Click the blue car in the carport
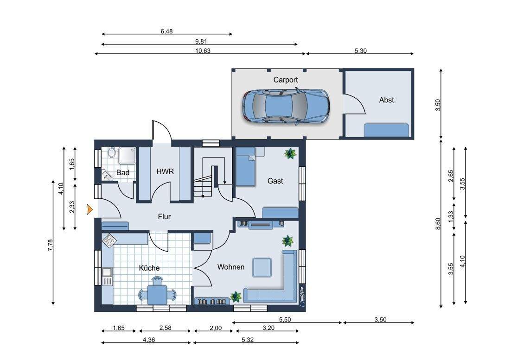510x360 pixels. coord(286,107)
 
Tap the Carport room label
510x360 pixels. coord(285,80)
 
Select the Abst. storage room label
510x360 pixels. coord(387,100)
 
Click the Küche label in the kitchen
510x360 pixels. coord(149,268)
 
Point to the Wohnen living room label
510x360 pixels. coord(231,267)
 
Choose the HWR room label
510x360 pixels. coord(165,171)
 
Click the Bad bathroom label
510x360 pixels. coord(122,172)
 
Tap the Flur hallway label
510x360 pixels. coord(164,217)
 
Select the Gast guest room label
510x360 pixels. coord(275,181)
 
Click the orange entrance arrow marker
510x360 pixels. coord(89,209)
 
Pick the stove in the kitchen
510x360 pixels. coord(109,241)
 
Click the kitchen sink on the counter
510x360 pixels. coord(107,276)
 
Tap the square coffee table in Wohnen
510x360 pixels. coord(262,267)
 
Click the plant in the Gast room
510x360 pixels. coord(289,153)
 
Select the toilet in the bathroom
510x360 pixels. coord(111,152)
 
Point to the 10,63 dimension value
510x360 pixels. coord(203,51)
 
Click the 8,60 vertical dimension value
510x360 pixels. coord(438,224)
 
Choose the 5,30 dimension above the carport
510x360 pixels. coord(361,51)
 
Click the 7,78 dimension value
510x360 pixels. coord(50,245)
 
